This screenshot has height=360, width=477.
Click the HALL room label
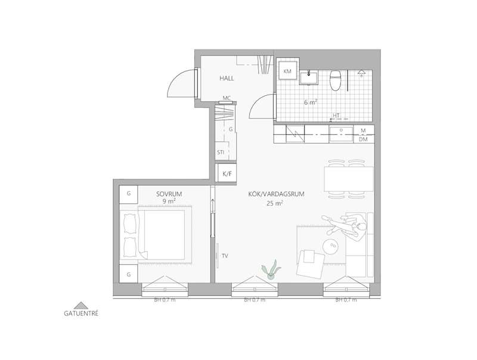tap(227, 79)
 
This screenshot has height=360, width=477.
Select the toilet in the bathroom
tap(335, 80)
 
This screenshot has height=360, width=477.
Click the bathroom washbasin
tap(308, 77)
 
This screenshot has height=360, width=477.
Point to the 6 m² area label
tap(311, 102)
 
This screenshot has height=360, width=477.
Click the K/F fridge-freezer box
tap(227, 174)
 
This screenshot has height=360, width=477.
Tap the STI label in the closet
tap(221, 152)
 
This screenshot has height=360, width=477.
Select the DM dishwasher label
tap(363, 139)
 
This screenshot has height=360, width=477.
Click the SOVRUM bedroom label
tap(169, 194)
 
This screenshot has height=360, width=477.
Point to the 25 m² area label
tap(275, 203)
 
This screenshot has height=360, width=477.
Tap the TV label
tap(225, 256)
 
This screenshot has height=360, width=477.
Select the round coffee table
tap(331, 246)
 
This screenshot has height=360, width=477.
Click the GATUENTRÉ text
tap(81, 314)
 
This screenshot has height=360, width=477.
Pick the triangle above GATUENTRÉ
tap(81, 306)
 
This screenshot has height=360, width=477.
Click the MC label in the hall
tap(227, 98)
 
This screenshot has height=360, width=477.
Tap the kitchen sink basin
tap(341, 134)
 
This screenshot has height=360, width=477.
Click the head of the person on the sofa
tap(361, 227)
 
